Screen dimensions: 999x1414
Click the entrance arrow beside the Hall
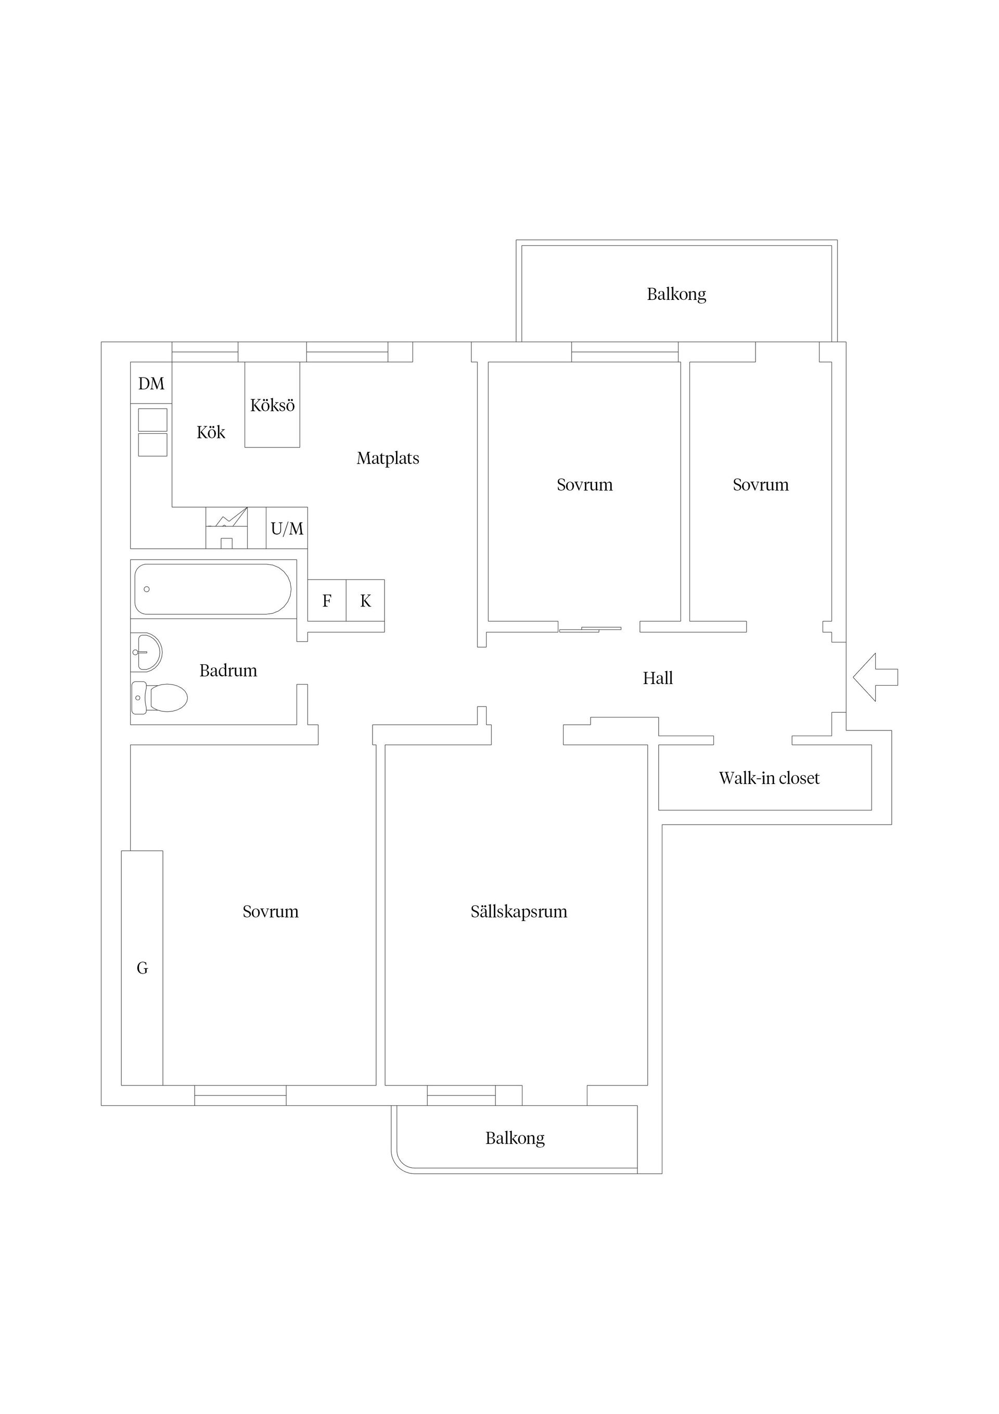point(875,677)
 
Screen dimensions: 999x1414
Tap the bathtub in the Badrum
point(213,589)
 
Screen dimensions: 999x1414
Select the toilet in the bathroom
point(159,698)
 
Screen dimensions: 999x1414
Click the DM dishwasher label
point(151,384)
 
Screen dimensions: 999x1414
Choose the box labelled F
point(327,600)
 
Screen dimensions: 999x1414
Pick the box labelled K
point(366,600)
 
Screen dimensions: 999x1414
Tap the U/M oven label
point(287,528)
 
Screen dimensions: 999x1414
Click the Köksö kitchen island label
point(272,405)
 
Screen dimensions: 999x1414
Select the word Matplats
point(388,458)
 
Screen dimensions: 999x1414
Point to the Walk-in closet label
point(770,778)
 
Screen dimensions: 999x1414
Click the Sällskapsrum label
point(519,912)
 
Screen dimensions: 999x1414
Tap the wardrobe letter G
point(142,969)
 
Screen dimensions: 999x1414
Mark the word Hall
point(658,678)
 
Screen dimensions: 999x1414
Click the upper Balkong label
point(676,294)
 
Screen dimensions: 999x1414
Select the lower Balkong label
point(515,1138)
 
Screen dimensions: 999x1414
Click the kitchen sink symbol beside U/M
point(226,528)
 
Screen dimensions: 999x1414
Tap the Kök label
point(211,432)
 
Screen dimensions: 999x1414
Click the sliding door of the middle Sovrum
point(590,629)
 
